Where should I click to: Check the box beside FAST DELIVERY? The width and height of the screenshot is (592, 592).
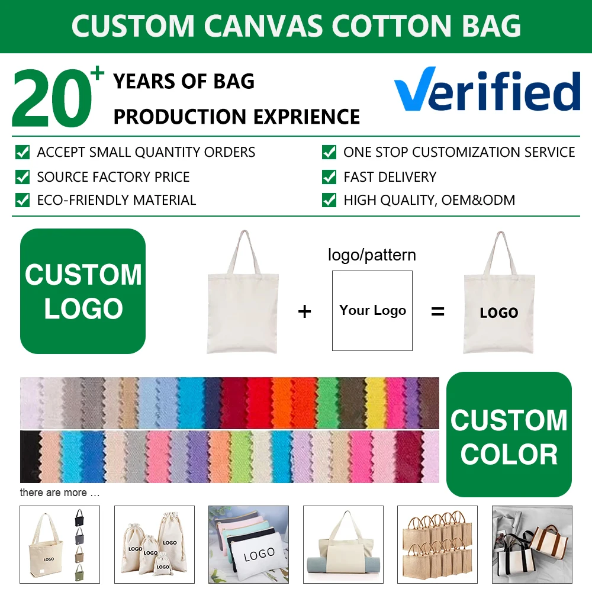329,176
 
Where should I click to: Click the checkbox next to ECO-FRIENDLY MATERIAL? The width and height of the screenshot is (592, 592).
22,200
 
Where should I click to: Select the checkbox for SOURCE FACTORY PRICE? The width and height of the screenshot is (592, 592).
22,176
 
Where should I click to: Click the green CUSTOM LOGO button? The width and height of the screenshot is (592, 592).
83,291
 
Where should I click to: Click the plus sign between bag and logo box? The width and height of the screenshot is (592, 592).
304,312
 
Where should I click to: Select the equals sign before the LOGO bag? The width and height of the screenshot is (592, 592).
437,311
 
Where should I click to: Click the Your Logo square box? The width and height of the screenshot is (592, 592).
372,310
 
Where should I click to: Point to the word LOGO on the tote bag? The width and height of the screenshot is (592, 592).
498,313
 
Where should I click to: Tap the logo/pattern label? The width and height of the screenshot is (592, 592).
372,255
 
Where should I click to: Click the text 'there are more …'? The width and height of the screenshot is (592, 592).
60,493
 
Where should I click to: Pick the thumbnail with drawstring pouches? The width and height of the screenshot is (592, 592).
155,545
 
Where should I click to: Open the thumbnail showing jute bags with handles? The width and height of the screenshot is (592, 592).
437,545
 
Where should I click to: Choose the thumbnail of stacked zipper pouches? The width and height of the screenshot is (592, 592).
249,545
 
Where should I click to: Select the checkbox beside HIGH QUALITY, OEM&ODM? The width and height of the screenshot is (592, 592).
329,200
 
